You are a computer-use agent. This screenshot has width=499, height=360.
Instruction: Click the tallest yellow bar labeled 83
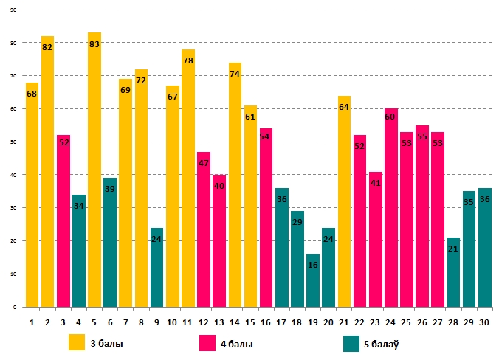click(x=94, y=170)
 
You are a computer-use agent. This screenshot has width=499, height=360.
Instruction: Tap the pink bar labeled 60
click(x=391, y=207)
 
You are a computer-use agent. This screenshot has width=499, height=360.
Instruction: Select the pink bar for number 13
click(x=219, y=240)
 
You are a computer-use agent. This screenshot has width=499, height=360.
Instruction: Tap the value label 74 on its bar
click(x=235, y=75)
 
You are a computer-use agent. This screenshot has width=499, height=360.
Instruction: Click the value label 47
click(x=204, y=164)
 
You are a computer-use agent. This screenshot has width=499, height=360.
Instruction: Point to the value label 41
click(x=376, y=183)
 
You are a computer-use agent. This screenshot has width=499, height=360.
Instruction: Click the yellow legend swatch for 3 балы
click(x=77, y=343)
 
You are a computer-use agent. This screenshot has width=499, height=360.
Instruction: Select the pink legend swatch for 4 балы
click(x=208, y=343)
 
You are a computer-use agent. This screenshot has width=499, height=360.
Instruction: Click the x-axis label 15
click(x=250, y=322)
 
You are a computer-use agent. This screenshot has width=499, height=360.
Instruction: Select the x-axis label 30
click(x=484, y=322)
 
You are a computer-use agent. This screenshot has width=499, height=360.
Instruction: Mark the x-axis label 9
click(x=156, y=322)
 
